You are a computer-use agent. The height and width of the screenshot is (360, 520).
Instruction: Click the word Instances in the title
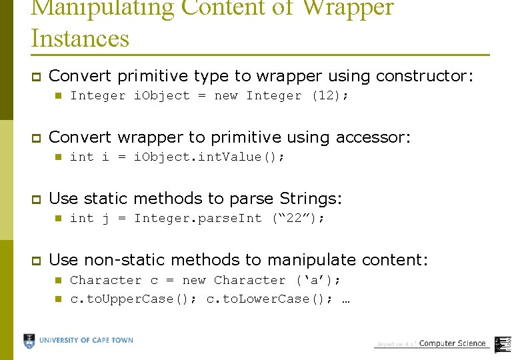(80, 38)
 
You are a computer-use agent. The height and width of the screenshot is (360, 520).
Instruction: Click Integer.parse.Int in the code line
(198, 218)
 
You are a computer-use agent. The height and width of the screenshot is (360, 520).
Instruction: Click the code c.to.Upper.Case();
(133, 299)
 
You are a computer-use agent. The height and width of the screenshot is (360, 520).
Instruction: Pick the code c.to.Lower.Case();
(269, 299)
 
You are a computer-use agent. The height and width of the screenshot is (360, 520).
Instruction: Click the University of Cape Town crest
(29, 341)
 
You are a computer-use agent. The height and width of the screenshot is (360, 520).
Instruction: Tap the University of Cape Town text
(86, 341)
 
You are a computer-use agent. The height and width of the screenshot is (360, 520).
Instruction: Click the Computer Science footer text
(452, 343)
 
